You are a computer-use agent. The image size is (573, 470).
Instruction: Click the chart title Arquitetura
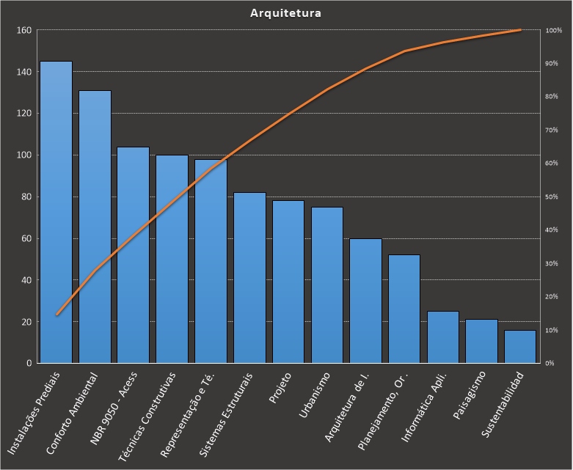click(x=285, y=13)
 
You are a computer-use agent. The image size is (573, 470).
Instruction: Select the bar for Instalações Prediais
click(x=56, y=213)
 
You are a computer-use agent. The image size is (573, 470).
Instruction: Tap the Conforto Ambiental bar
click(x=95, y=227)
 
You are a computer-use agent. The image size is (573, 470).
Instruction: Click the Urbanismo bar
click(x=327, y=285)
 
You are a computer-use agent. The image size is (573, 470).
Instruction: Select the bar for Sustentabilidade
click(x=520, y=347)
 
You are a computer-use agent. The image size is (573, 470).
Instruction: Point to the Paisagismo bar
click(x=481, y=342)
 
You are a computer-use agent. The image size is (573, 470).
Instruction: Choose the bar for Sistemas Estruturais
click(x=249, y=279)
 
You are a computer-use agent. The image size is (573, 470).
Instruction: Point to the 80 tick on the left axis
click(x=26, y=197)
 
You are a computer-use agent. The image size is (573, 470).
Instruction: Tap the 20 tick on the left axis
click(x=26, y=322)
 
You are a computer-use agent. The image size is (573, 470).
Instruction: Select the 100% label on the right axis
click(x=554, y=30)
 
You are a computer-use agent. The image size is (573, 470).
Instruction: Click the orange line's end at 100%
click(x=520, y=30)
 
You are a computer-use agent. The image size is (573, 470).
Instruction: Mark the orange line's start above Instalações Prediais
click(x=56, y=315)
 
